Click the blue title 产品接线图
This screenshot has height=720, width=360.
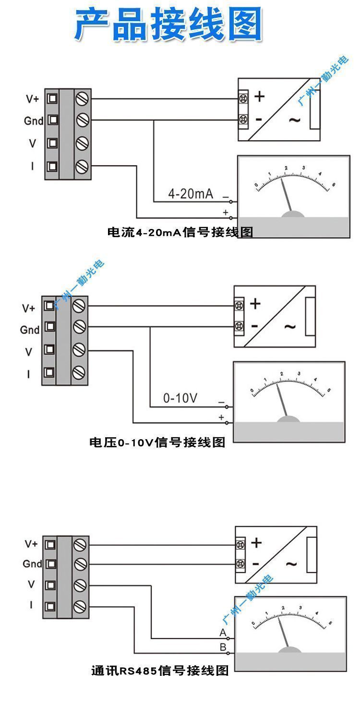[168, 24]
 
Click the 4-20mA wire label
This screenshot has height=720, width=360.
[190, 194]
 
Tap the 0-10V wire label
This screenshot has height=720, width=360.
[180, 398]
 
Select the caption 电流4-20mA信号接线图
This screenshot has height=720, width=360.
[180, 233]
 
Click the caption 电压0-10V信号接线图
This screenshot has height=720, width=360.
[157, 442]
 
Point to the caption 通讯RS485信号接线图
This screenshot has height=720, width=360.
[160, 670]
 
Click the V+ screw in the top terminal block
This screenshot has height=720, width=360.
[83, 99]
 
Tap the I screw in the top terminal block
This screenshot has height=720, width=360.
[83, 166]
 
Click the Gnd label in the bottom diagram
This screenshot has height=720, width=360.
[33, 564]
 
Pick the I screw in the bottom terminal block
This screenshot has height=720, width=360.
[80, 606]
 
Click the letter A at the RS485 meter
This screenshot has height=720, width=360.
[223, 632]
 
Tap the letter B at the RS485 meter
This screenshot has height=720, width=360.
[223, 647]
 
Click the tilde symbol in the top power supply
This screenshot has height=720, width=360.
[294, 120]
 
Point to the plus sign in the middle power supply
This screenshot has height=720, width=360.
[255, 303]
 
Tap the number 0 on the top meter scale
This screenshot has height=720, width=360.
[256, 185]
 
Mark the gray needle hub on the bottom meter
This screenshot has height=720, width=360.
[290, 650]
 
